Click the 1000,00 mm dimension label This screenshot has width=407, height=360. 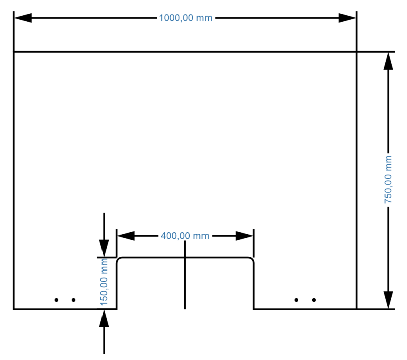[185, 18]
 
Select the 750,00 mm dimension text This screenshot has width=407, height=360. [388, 179]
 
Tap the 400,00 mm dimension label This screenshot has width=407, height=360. [184, 236]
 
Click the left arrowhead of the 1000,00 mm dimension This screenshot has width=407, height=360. [23, 18]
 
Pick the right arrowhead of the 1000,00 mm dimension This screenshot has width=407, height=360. [347, 18]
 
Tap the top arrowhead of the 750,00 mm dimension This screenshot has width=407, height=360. [388, 61]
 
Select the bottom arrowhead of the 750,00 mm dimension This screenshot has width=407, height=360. [388, 300]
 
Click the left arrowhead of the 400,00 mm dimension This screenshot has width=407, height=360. [126, 236]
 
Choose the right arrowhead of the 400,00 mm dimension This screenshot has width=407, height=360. [244, 236]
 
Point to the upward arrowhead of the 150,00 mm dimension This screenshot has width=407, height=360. [104, 318]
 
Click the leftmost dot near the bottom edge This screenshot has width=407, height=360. [57, 300]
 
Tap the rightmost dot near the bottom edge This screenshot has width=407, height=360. [314, 300]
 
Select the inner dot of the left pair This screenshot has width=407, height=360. [73, 300]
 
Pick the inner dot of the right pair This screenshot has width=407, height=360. [296, 300]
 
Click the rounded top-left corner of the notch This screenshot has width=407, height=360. [119, 260]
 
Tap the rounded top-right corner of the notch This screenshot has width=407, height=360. [251, 260]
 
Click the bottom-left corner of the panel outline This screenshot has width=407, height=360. [14, 309]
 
